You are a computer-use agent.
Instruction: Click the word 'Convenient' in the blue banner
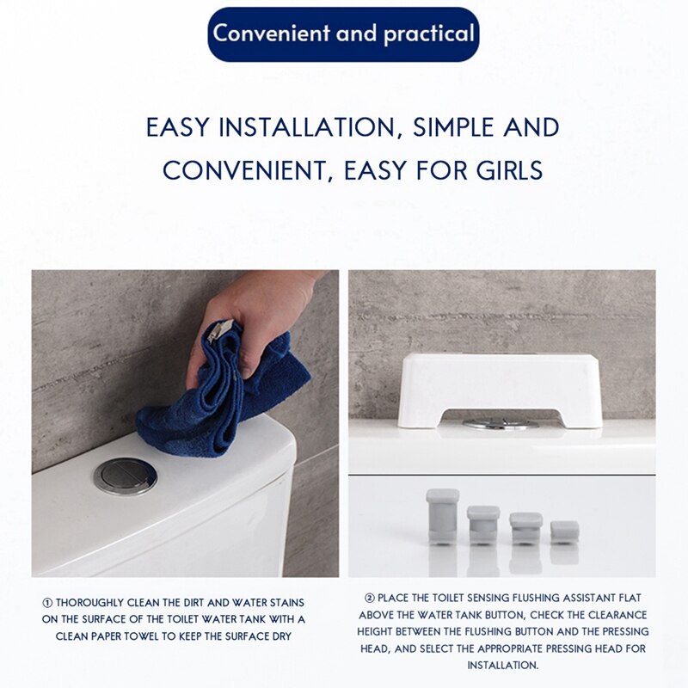pos(267,34)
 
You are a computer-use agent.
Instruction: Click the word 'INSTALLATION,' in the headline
pos(303,127)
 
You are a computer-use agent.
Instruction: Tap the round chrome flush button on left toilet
pos(125,475)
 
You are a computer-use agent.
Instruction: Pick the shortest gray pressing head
pos(564,531)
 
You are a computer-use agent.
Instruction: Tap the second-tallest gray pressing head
pos(483,524)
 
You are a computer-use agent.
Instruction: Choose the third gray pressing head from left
pos(525,527)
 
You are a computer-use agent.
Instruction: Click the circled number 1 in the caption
pos(48,603)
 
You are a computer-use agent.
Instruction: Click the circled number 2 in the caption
pos(369,598)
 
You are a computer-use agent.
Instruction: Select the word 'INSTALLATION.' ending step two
pos(501,666)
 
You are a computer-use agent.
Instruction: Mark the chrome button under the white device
pos(500,423)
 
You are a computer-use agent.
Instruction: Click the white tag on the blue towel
pos(221,329)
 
